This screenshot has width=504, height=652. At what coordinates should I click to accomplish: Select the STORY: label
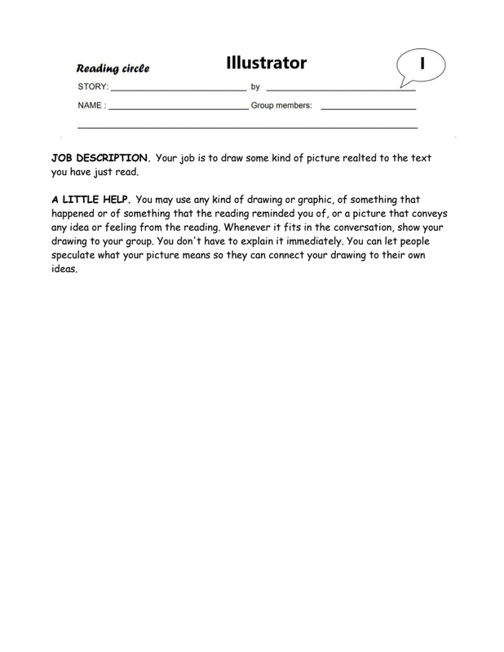pos(92,86)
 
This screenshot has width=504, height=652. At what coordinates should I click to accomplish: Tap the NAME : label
pos(91,106)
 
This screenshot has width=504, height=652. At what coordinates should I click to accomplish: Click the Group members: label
pos(281,106)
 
